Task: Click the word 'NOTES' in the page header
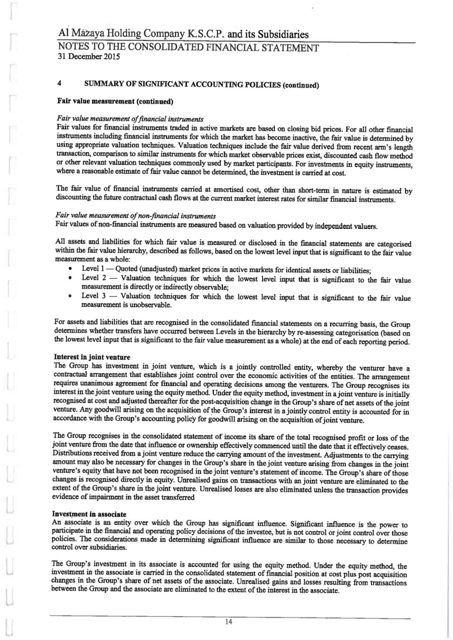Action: click(x=71, y=47)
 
